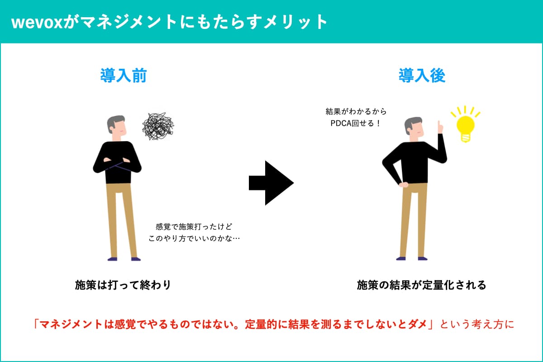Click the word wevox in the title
37,23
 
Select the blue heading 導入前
124,76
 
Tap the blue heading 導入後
422,76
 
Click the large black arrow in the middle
271,183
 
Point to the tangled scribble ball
158,126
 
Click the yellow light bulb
466,127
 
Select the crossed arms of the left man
117,165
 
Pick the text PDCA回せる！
356,124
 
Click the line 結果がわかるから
356,111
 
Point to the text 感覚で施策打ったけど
194,227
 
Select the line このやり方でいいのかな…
194,238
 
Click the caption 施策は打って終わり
123,285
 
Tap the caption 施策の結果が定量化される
422,285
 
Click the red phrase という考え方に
477,324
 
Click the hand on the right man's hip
404,185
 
